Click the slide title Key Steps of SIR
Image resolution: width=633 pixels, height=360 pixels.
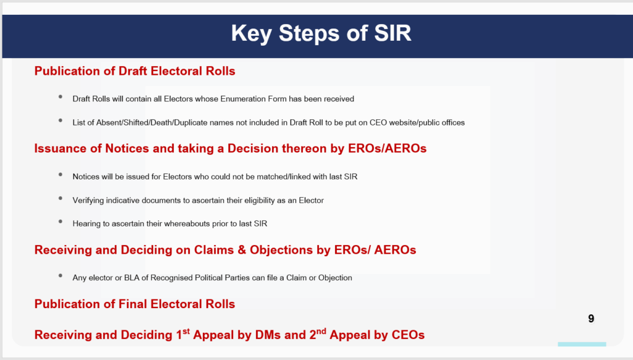point(321,33)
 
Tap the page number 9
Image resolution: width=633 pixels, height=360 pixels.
point(591,319)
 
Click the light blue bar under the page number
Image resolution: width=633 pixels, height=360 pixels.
point(582,344)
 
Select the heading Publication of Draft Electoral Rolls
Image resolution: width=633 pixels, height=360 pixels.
point(135,71)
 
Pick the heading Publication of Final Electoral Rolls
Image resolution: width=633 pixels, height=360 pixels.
point(135,304)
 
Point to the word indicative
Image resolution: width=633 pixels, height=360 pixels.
point(123,200)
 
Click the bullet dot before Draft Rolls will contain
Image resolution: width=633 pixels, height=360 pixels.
point(61,97)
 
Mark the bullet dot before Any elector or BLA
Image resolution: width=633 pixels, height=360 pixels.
point(61,276)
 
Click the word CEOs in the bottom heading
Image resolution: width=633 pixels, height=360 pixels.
point(408,335)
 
